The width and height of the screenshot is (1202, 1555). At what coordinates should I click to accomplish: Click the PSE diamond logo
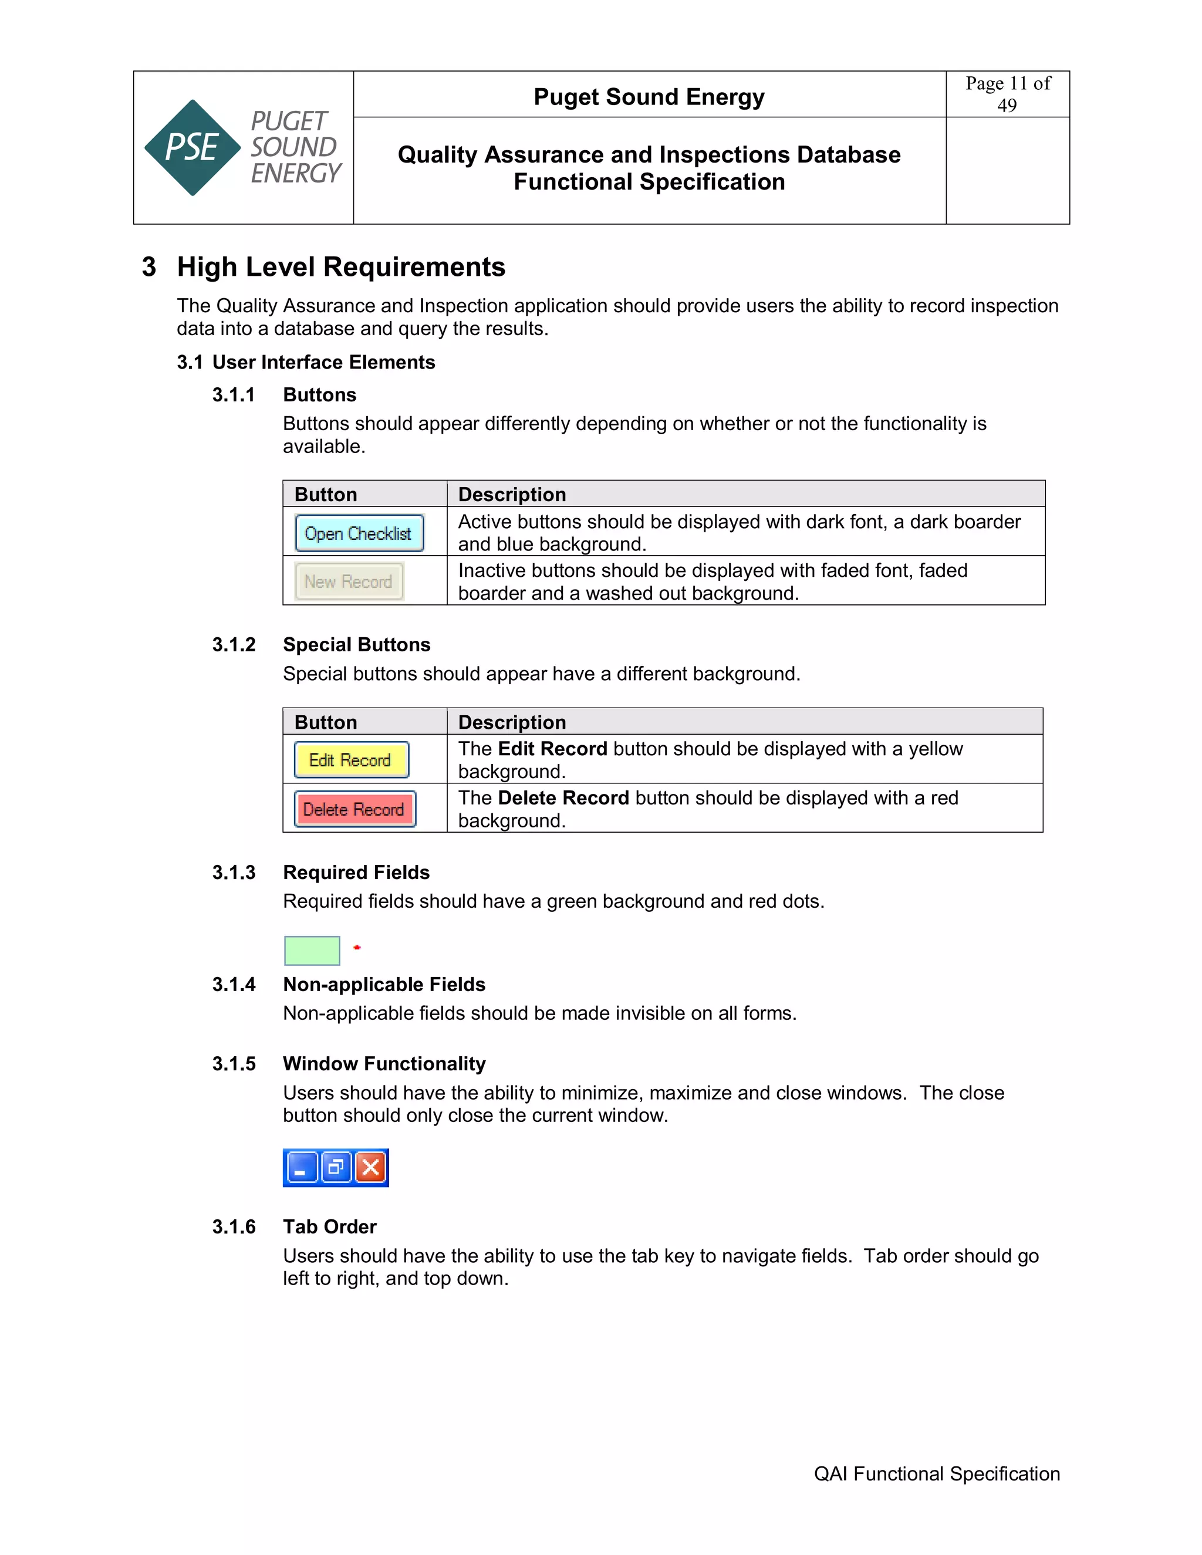pyautogui.click(x=193, y=147)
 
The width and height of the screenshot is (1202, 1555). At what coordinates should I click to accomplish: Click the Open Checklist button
pyautogui.click(x=359, y=533)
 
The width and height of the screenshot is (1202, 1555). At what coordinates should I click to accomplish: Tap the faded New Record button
pyautogui.click(x=349, y=582)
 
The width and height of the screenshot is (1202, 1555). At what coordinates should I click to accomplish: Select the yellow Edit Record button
pyautogui.click(x=351, y=760)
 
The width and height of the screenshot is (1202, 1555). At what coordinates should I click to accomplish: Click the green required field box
pyautogui.click(x=312, y=951)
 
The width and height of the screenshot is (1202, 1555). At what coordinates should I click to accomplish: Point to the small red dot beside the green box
pyautogui.click(x=357, y=948)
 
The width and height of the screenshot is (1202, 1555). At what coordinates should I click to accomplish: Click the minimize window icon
pyautogui.click(x=301, y=1168)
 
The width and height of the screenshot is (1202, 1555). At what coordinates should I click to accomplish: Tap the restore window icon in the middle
pyautogui.click(x=335, y=1168)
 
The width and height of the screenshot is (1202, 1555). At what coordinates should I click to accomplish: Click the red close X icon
pyautogui.click(x=370, y=1168)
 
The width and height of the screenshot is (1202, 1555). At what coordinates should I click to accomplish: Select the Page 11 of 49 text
pyautogui.click(x=1007, y=94)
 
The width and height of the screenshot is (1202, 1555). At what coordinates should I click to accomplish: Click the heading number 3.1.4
pyautogui.click(x=234, y=985)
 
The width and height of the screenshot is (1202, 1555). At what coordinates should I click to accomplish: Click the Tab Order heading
pyautogui.click(x=330, y=1227)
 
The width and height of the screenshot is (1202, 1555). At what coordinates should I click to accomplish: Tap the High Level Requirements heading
pyautogui.click(x=341, y=267)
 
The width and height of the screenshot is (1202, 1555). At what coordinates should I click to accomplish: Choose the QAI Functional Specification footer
pyautogui.click(x=936, y=1474)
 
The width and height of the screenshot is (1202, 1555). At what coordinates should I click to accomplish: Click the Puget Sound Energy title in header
pyautogui.click(x=649, y=97)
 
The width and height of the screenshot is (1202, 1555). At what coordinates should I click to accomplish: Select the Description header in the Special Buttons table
pyautogui.click(x=512, y=722)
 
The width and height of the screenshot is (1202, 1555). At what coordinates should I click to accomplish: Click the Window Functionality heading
pyautogui.click(x=384, y=1064)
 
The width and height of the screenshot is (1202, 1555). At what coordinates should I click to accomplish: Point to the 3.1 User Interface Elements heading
pyautogui.click(x=306, y=363)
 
